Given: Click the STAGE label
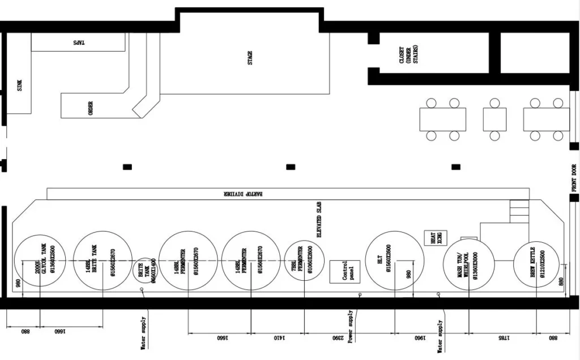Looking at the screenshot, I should [250, 58].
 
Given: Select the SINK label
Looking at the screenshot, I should [20, 85].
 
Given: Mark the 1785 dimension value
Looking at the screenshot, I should [504, 338].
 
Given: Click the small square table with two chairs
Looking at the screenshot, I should [494, 119].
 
